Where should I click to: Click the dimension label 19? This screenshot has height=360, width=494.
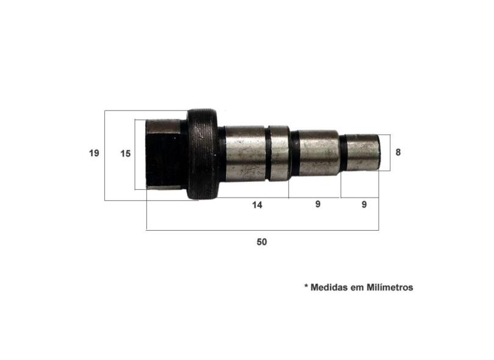click(94, 153)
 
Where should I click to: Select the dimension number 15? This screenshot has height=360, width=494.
click(126, 154)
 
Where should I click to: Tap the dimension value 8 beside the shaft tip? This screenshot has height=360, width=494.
click(398, 153)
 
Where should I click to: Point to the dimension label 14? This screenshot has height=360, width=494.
click(257, 205)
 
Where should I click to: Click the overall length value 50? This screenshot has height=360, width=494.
click(262, 242)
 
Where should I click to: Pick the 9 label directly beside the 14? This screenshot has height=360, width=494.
click(318, 204)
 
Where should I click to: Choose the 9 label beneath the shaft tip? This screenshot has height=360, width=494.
click(364, 204)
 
